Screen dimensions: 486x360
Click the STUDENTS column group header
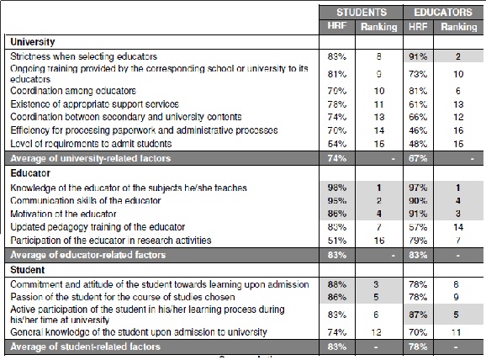(362, 13)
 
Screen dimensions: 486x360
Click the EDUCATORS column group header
(441, 13)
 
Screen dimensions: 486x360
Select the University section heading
(34, 40)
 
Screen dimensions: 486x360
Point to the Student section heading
(29, 269)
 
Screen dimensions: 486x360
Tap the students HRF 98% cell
(338, 188)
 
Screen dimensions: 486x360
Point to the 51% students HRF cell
(338, 241)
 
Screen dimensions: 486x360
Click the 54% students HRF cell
(338, 144)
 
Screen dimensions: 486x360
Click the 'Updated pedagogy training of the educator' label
(97, 227)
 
